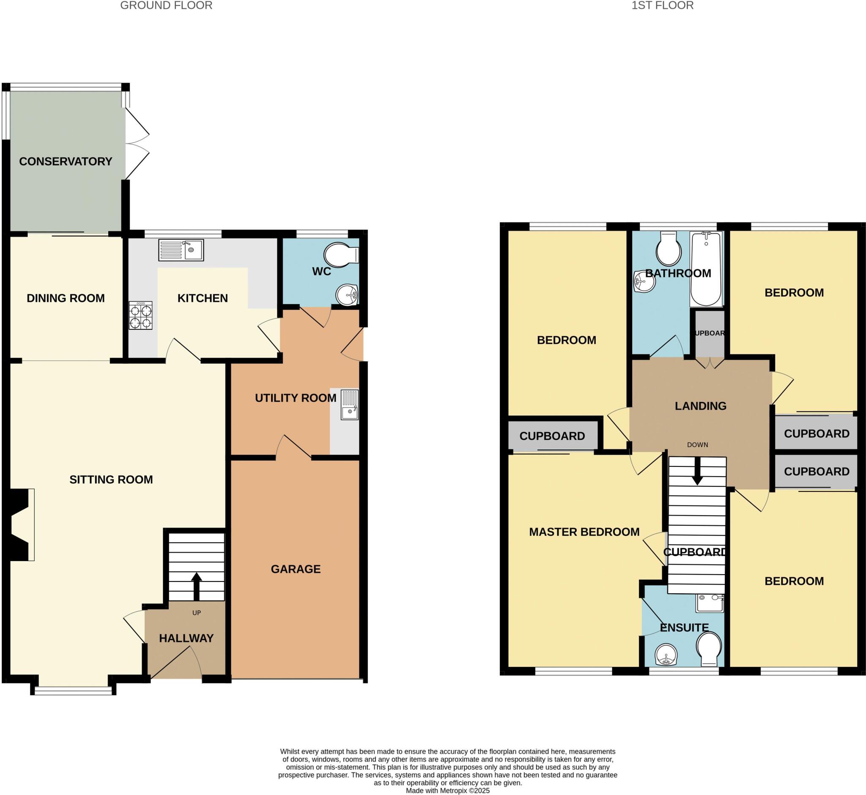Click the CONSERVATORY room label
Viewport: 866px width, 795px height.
point(66,161)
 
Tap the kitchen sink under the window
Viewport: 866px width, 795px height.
point(181,250)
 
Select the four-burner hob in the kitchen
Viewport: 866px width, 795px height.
point(141,315)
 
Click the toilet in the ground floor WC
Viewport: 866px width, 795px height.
point(341,255)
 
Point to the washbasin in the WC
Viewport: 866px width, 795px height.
point(347,295)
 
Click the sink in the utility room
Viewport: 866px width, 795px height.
point(349,404)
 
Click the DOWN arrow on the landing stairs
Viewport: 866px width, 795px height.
point(697,471)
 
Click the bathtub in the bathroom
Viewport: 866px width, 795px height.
point(706,269)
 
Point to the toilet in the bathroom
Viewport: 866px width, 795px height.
point(669,249)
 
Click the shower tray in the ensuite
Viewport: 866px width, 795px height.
point(710,603)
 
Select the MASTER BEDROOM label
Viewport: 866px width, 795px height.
point(584,532)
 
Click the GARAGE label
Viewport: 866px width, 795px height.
point(296,569)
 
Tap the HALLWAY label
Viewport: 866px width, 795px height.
point(186,639)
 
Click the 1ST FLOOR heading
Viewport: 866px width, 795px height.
point(662,5)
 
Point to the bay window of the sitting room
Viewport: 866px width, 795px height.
point(73,691)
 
